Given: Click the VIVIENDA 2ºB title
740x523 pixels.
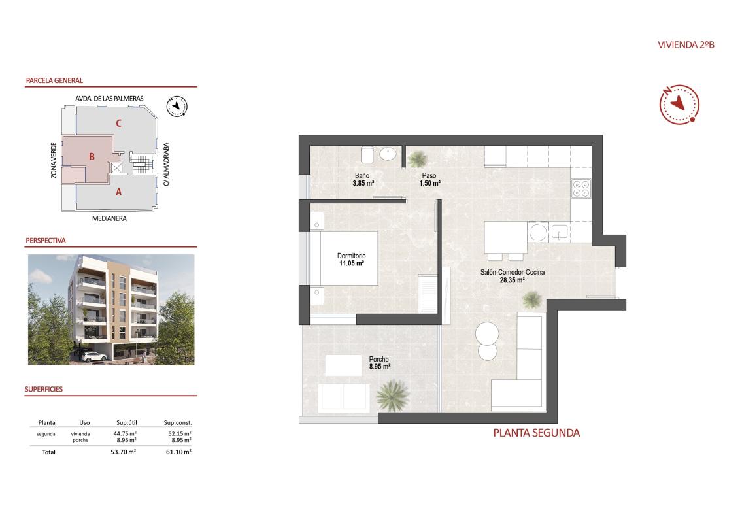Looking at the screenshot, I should click(x=685, y=45).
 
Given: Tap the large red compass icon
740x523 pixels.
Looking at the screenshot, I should click(x=680, y=104).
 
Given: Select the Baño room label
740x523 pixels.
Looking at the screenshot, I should click(x=362, y=176).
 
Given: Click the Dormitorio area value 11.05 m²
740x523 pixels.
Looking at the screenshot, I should click(x=351, y=263).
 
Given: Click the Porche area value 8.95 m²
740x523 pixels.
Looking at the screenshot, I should click(x=379, y=367).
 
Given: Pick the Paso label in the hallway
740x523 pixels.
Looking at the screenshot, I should click(x=429, y=176).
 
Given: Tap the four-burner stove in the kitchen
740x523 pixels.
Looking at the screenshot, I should click(x=580, y=189).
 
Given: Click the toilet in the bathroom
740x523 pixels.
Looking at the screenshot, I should click(x=367, y=154).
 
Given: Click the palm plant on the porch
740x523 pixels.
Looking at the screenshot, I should click(x=392, y=394).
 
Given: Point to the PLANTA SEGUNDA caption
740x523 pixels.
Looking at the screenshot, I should click(x=536, y=433).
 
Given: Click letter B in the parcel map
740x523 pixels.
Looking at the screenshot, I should click(x=93, y=156).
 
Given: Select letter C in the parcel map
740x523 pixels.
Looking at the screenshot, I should click(x=118, y=122).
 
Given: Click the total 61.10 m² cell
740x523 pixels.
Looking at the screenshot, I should click(x=178, y=452).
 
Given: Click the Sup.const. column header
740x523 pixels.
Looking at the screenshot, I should click(x=178, y=423).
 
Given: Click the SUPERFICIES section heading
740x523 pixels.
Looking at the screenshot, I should click(x=44, y=389).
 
